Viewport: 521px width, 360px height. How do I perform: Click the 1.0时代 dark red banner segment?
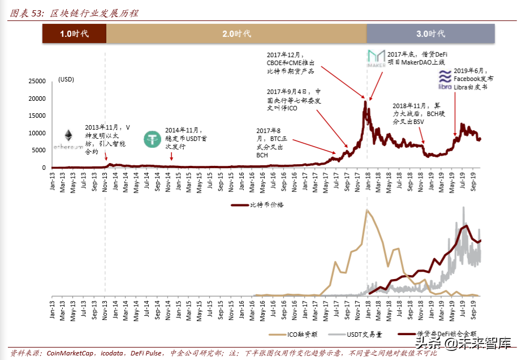pos(74,34)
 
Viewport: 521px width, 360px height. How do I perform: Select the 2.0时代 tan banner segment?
pos(236,34)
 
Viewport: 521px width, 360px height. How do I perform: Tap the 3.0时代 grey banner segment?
pos(431,34)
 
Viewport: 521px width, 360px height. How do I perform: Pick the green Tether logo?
pos(153,139)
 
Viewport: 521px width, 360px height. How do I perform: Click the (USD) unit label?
pos(66,80)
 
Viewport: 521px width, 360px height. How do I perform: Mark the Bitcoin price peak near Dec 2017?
pos(365,102)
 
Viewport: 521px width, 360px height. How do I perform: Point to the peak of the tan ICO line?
pos(367,210)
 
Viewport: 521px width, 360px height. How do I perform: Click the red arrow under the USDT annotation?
pos(172,156)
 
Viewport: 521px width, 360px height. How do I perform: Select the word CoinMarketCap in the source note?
pos(69,353)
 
